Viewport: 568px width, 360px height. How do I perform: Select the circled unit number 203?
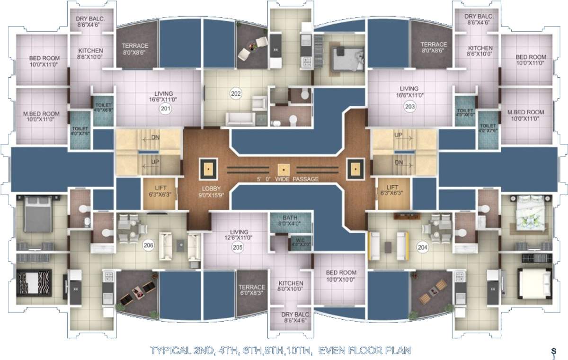(x=409, y=107)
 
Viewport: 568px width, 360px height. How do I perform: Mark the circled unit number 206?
(x=149, y=245)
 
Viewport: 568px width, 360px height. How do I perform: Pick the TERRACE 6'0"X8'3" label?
(x=251, y=290)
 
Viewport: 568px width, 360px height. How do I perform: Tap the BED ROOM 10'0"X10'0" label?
(x=341, y=276)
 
